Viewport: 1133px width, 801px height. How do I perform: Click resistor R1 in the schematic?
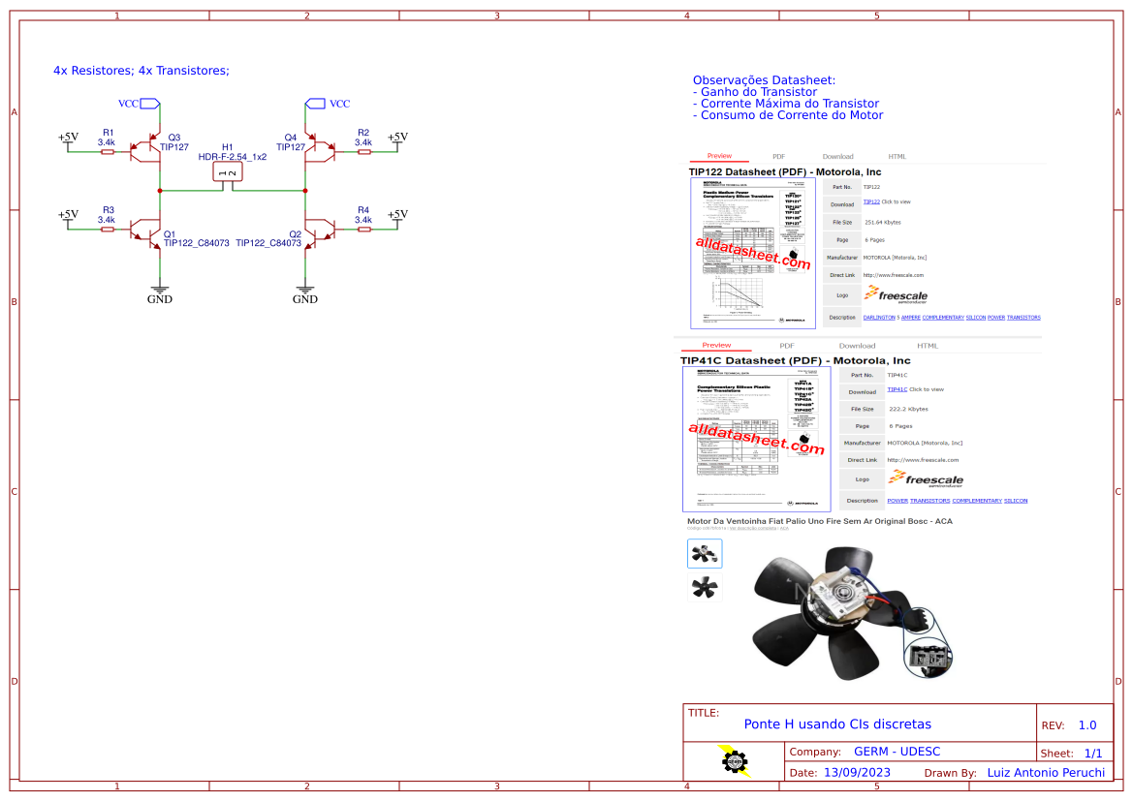[x=108, y=151]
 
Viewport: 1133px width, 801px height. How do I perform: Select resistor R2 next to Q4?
[x=362, y=151]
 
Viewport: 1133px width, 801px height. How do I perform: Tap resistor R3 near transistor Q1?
[x=108, y=230]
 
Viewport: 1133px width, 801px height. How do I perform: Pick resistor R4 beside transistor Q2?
[x=362, y=230]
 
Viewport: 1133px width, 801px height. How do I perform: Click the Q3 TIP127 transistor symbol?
[x=148, y=151]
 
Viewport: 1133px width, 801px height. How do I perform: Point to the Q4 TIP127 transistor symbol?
[x=317, y=151]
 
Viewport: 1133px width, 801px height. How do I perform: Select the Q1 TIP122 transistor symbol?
[x=148, y=231]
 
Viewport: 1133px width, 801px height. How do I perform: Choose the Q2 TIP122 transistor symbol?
[x=317, y=231]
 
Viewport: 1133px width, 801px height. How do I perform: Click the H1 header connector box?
[x=228, y=172]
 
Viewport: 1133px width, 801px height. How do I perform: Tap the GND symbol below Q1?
[x=160, y=290]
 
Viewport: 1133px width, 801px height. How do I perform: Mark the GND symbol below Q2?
[x=305, y=290]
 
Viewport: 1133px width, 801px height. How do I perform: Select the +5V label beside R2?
[x=397, y=137]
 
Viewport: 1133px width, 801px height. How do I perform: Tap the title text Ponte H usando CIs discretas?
[x=837, y=724]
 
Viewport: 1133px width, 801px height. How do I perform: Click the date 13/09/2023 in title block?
[x=857, y=773]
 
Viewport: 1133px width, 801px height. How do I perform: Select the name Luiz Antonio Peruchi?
[x=1045, y=773]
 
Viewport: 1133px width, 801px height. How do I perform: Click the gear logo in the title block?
[x=735, y=761]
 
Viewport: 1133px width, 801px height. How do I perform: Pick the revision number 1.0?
[x=1086, y=725]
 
